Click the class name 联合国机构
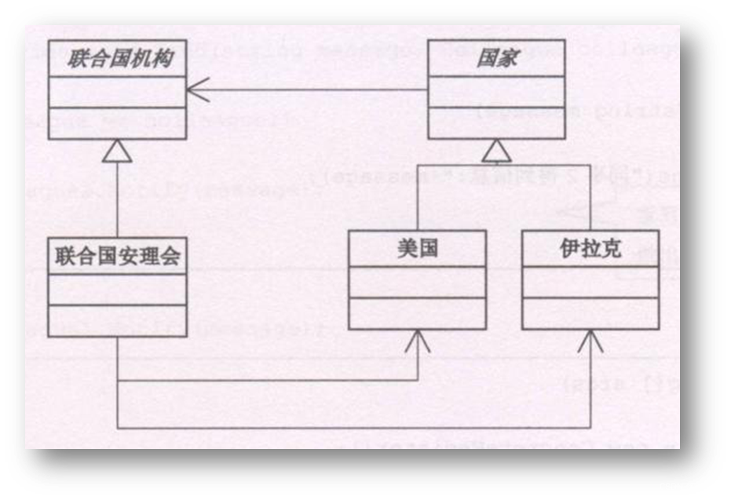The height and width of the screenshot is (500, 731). [x=116, y=59]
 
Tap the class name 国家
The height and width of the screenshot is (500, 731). [x=496, y=59]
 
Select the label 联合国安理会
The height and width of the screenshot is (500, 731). [x=116, y=256]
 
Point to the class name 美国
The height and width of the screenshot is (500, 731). [x=417, y=249]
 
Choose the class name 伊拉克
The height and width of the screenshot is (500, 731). [x=590, y=249]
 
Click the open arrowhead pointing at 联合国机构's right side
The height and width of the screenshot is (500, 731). [x=196, y=90]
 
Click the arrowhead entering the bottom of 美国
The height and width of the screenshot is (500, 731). [x=418, y=340]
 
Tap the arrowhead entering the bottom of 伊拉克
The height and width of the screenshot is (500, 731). [x=590, y=340]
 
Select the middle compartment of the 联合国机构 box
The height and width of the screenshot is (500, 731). [x=116, y=92]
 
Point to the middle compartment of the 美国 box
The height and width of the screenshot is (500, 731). [x=417, y=282]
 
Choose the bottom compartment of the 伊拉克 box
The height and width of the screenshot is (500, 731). [x=590, y=313]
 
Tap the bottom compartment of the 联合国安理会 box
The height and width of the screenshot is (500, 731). [x=116, y=320]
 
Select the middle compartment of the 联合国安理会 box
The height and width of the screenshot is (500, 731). [x=116, y=289]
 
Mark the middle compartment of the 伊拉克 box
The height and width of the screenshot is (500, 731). [x=590, y=282]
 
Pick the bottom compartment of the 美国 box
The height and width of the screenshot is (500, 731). [x=417, y=313]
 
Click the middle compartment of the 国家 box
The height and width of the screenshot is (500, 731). [x=496, y=92]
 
